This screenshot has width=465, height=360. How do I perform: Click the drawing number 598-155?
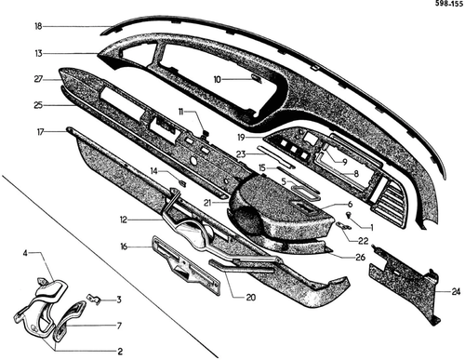tap(448, 4)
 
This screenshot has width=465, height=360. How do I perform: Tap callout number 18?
tap(38, 26)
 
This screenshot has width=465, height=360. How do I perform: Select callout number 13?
tap(38, 53)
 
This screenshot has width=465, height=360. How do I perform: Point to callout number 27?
tap(38, 79)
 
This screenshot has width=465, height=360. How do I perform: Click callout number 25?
tap(38, 105)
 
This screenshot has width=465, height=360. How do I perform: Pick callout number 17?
tap(41, 132)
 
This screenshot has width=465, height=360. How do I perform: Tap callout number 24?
tap(456, 291)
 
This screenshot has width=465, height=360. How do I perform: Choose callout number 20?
tap(250, 297)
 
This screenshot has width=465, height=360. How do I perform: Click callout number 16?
tap(124, 247)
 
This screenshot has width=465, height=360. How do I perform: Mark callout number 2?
tap(120, 351)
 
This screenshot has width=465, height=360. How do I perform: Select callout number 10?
tap(218, 80)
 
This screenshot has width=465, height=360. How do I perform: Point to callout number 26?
tap(361, 257)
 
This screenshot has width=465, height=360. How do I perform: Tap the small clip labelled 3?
tap(94, 300)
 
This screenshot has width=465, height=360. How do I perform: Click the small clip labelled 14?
tap(183, 182)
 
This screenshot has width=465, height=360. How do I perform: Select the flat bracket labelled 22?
tap(344, 225)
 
